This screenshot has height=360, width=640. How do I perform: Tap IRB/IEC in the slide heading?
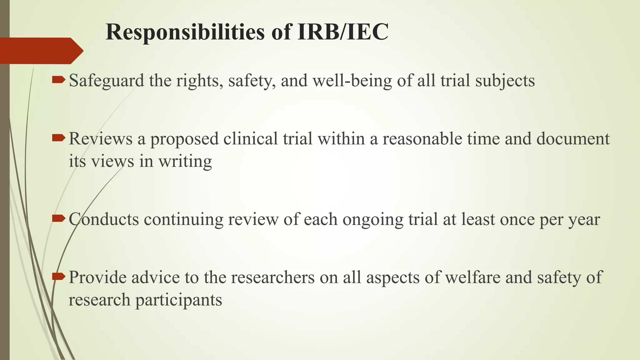point(343,32)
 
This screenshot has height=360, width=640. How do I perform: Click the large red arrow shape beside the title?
point(41,51)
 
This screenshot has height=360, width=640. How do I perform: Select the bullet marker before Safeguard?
point(58,80)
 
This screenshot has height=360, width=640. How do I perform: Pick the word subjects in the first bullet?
point(505,81)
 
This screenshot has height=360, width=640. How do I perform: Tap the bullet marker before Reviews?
point(58,137)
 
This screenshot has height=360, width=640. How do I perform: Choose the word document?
point(573,138)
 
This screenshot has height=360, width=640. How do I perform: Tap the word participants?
point(178,300)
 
